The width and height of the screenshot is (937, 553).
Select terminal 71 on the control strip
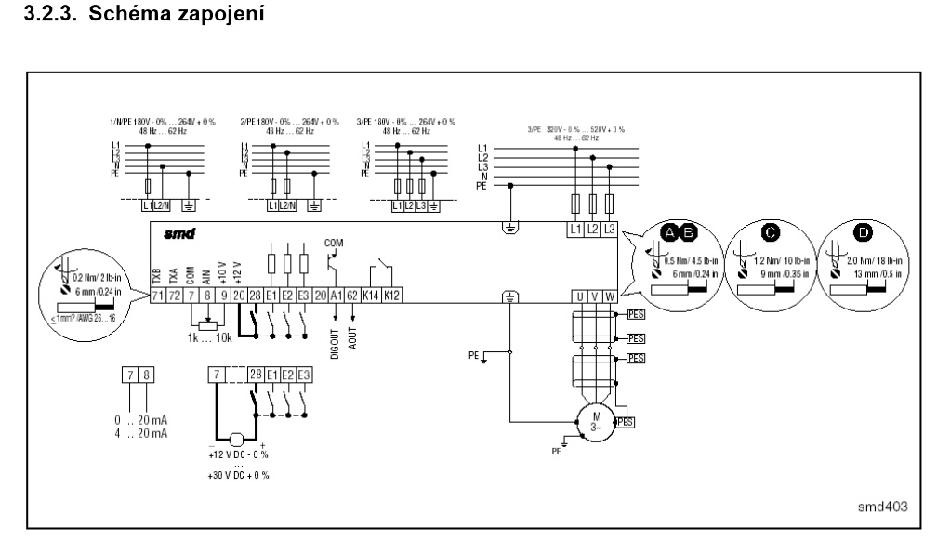point(157,296)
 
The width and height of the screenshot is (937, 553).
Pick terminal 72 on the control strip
point(174,296)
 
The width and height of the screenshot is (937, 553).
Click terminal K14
point(371,296)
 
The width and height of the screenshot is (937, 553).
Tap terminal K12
point(394,296)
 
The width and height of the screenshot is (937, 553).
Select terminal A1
point(336,296)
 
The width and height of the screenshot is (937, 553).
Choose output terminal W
point(610,296)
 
